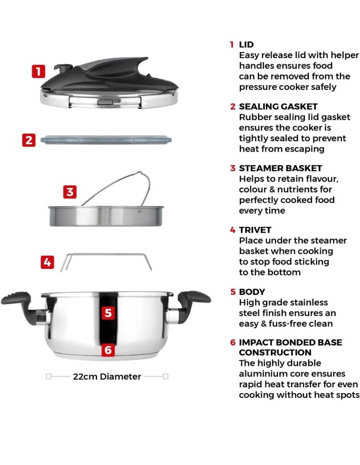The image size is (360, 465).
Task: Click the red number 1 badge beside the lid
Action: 38,71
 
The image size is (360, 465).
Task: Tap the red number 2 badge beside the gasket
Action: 29,140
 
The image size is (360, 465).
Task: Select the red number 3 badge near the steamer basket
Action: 70,192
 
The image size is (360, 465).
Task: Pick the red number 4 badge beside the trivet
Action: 47,262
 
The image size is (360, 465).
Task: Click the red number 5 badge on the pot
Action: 108,313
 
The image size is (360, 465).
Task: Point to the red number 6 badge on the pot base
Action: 108,350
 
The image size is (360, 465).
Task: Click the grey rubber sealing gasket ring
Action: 106,140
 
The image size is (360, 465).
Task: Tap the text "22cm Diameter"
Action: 107,377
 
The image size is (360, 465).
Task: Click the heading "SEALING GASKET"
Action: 278,107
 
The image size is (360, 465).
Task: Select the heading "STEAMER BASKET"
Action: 280,168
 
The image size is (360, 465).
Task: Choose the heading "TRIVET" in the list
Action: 255,230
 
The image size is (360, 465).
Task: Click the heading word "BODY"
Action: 252,292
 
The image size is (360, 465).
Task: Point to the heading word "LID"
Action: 246,45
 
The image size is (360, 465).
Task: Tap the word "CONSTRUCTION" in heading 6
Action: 275,352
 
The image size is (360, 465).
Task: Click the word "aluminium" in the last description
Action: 259,374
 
